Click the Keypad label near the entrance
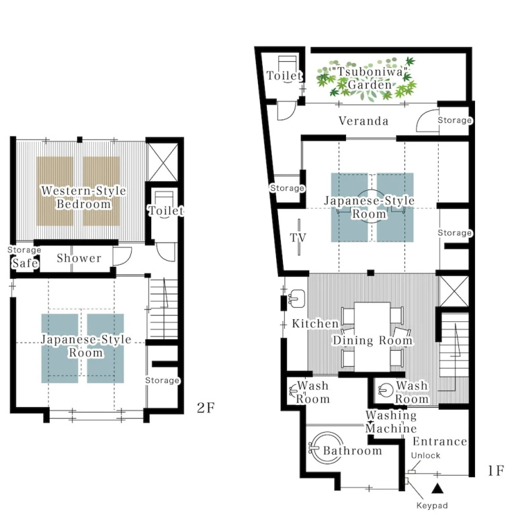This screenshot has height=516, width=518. coord(432,505)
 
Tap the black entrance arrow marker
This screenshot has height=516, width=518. coord(437,488)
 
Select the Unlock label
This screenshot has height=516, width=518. coord(425,456)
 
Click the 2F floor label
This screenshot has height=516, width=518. coord(206,408)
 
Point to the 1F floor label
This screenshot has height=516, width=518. coord(496,471)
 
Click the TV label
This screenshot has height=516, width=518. coord(298,238)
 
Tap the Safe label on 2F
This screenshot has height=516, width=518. coord(25,263)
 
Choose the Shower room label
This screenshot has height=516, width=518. coord(79,258)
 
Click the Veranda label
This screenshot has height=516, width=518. coord(363,121)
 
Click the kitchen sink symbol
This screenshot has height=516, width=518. coord(297,299)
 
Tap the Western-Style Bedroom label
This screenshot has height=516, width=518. coord(83,198)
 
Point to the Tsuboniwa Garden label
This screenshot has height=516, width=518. coord(369,79)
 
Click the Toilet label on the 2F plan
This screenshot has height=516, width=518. coord(165,210)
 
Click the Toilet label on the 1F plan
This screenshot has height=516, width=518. coord(284,76)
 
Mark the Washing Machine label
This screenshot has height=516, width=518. coord(391,421)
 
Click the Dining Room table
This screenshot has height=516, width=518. coord(372,337)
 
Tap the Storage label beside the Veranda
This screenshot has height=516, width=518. coord(455,120)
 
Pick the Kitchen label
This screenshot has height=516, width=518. coord(315,324)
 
